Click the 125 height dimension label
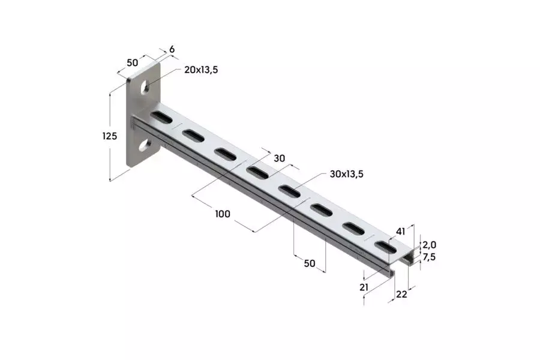(110, 136)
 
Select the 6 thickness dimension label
(172, 49)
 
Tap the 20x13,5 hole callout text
(201, 70)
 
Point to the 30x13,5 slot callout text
(346, 174)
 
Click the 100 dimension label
(223, 214)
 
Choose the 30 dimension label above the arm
(279, 158)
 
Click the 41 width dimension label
(400, 232)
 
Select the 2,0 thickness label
(429, 245)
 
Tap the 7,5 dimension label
(429, 257)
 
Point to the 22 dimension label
(401, 294)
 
